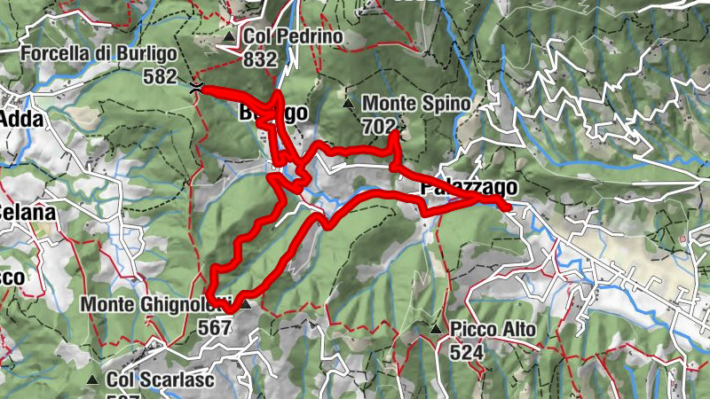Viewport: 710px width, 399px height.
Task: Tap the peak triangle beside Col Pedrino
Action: pos(230,37)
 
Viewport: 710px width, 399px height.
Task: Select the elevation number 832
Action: pos(260,59)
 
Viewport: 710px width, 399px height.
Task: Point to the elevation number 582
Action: pos(160,76)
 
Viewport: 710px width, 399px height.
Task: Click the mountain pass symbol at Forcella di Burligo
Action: pos(195,86)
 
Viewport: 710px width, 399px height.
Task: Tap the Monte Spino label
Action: pos(415,104)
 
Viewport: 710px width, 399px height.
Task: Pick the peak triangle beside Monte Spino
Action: pos(349,104)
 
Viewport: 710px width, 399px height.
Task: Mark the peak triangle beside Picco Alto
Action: pos(436,330)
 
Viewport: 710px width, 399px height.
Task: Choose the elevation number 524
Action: pos(466,352)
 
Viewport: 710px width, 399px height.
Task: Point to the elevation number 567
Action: pos(214,326)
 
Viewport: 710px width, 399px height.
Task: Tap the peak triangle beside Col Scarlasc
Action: pos(92,379)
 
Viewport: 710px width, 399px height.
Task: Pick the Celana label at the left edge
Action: pos(27,213)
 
